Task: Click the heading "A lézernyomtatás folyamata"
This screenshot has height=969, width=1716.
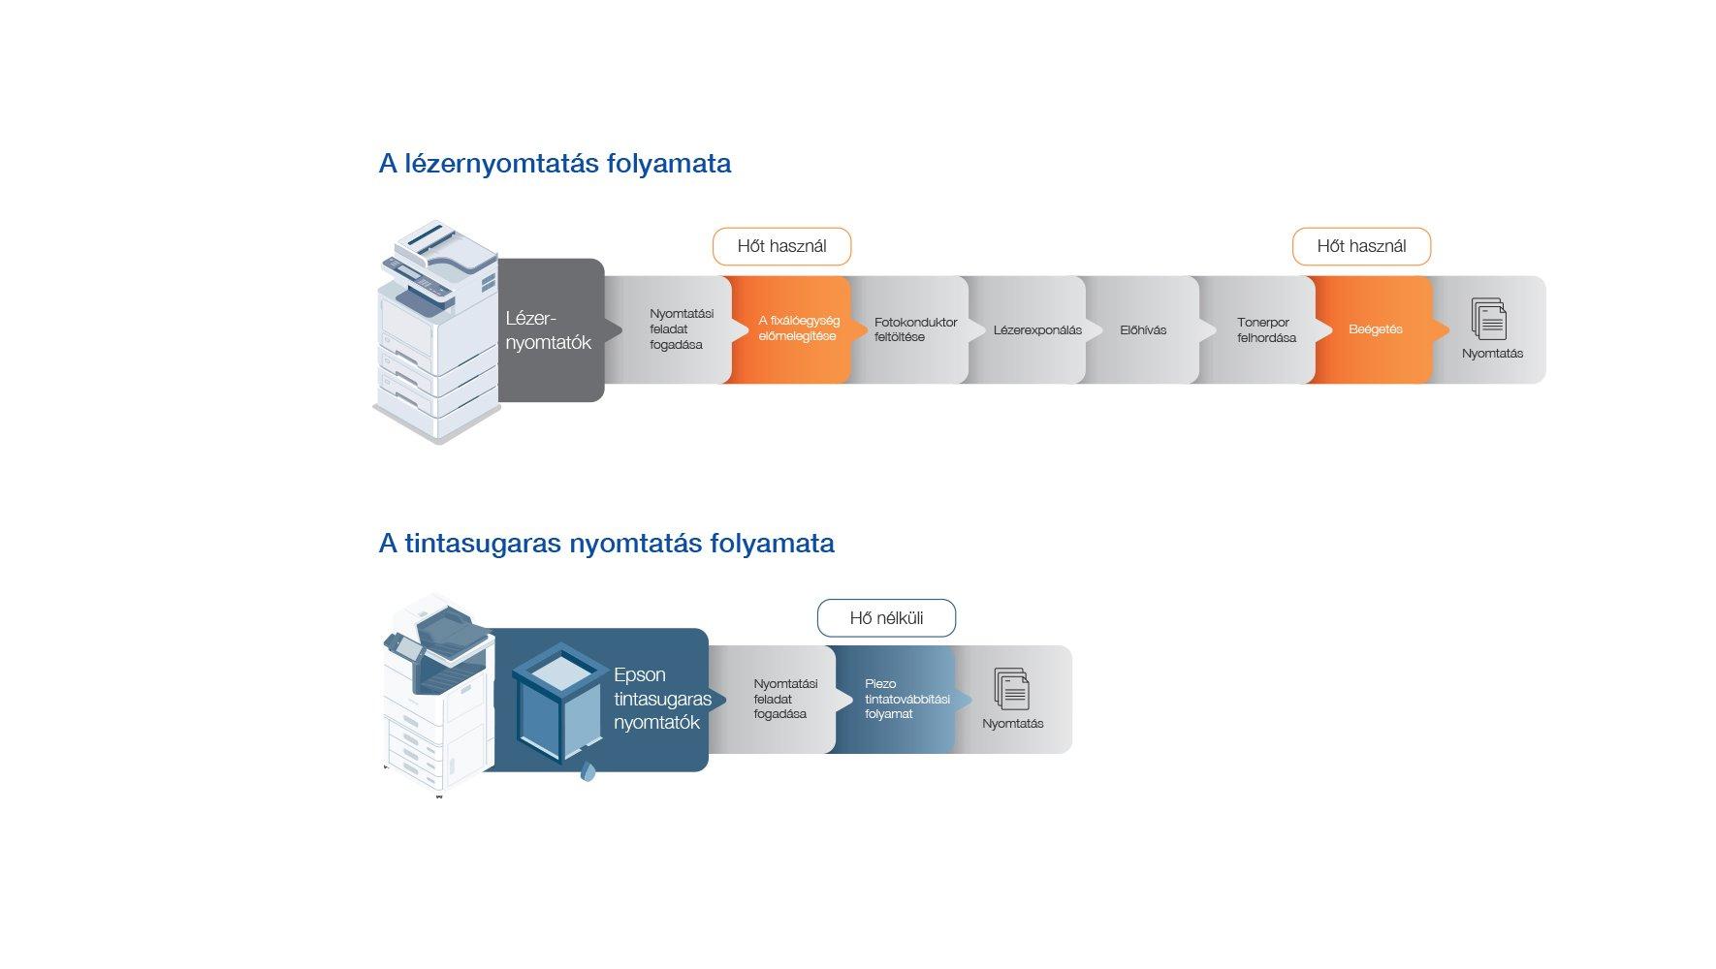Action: click(555, 164)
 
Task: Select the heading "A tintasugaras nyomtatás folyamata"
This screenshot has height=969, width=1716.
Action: click(606, 544)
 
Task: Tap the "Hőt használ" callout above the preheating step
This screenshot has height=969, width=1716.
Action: click(781, 246)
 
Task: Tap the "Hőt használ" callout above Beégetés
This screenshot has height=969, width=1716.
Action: click(1361, 246)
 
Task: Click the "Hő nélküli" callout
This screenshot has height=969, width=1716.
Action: click(886, 618)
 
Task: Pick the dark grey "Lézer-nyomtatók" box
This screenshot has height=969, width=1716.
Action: click(550, 330)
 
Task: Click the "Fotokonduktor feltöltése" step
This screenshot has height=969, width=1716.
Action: click(914, 329)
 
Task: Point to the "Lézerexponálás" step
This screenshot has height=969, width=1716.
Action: click(1036, 330)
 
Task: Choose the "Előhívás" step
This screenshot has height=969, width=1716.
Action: click(1143, 330)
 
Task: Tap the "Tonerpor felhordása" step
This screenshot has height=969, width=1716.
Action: click(1265, 330)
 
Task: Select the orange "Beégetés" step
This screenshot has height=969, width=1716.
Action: click(1375, 329)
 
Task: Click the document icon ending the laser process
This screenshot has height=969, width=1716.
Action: click(1489, 319)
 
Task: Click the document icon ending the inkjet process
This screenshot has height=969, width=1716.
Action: click(1011, 689)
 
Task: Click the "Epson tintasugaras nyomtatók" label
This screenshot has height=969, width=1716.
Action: click(662, 699)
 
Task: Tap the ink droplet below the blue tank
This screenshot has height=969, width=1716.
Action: click(588, 772)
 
